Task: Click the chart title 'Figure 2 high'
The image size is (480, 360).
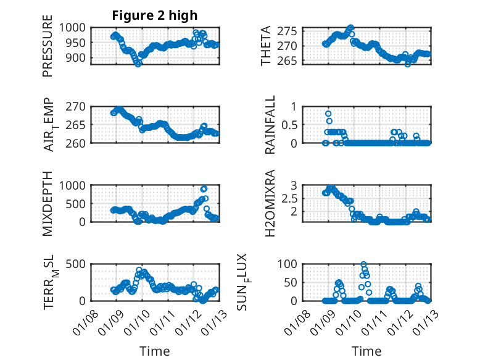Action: pyautogui.click(x=154, y=15)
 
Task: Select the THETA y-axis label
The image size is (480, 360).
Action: pyautogui.click(x=266, y=46)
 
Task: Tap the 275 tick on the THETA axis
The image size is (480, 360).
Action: pyautogui.click(x=292, y=31)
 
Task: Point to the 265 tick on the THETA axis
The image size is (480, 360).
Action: pyautogui.click(x=292, y=61)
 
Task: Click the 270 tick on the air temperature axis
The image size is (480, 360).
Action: pyautogui.click(x=80, y=106)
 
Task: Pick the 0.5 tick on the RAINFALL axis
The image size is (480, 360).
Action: pyautogui.click(x=294, y=125)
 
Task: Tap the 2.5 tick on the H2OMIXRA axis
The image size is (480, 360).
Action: pyautogui.click(x=294, y=198)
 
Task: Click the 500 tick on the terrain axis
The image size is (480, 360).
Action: pyautogui.click(x=80, y=264)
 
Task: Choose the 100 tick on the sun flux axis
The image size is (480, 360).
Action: pyautogui.click(x=292, y=264)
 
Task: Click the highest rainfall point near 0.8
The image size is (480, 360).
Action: pyautogui.click(x=328, y=114)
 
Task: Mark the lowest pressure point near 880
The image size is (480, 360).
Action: pyautogui.click(x=138, y=63)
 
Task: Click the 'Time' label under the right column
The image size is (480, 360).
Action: pyautogui.click(x=366, y=351)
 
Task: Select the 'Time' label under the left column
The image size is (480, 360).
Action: pyautogui.click(x=154, y=351)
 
